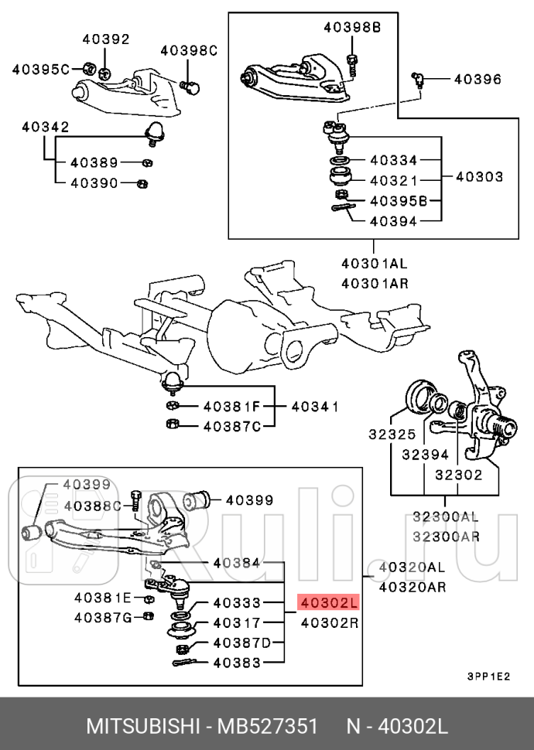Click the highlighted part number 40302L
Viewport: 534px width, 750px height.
(330, 602)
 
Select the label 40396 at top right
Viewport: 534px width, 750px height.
(477, 79)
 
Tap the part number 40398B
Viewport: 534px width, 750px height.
(352, 27)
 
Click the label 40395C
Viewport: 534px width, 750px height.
(41, 69)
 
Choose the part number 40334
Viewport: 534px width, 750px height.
(393, 160)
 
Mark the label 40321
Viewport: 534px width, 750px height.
(393, 180)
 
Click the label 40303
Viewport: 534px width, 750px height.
(479, 177)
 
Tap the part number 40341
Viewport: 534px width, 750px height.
(315, 406)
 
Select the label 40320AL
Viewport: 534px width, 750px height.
(412, 568)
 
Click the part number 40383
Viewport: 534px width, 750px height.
(237, 663)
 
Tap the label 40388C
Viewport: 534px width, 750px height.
(94, 506)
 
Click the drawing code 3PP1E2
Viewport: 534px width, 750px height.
(488, 676)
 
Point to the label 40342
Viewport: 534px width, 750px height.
(46, 126)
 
